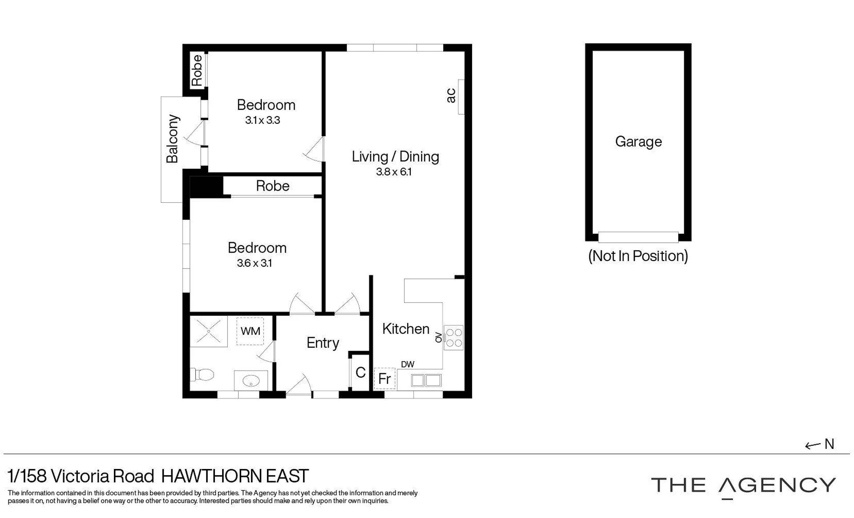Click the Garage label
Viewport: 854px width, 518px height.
[638, 142]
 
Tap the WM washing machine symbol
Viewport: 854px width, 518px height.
[250, 331]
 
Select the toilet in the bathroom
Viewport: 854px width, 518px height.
[202, 375]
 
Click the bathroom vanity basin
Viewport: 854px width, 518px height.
[251, 380]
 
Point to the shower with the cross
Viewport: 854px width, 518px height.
[209, 331]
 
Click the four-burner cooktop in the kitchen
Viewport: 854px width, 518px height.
[453, 338]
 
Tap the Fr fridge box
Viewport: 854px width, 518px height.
[385, 379]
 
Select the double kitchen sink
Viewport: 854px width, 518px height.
[426, 380]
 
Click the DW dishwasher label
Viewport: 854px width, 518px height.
[408, 364]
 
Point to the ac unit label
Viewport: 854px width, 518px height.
[451, 95]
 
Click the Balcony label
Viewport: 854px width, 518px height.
[172, 139]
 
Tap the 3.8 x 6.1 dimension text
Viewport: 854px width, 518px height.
[394, 172]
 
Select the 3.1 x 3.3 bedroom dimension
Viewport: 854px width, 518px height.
[263, 120]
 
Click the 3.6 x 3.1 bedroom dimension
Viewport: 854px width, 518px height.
[254, 263]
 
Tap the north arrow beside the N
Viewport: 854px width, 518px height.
[813, 445]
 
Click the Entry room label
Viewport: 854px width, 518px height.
[323, 343]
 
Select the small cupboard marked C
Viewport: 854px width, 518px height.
[360, 372]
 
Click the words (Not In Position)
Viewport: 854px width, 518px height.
[638, 256]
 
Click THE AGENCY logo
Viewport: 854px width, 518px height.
[743, 486]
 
